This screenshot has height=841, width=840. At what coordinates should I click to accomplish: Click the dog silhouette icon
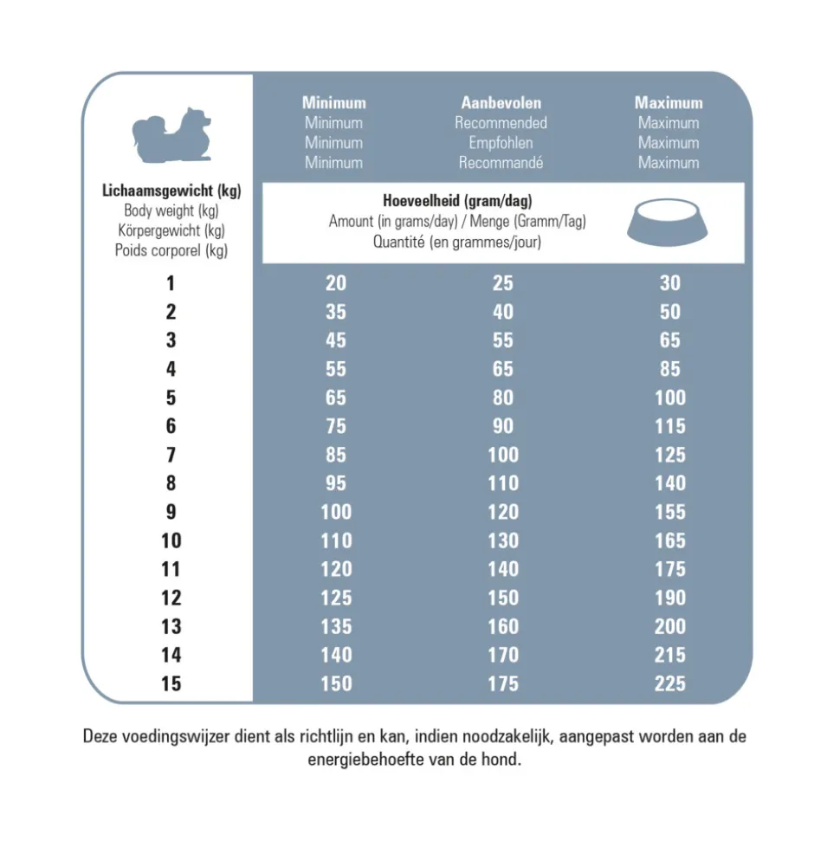pyautogui.click(x=171, y=136)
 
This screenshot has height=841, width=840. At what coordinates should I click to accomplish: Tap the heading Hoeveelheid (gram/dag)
pyautogui.click(x=457, y=202)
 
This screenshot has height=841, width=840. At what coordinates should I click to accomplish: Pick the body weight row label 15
pyautogui.click(x=171, y=684)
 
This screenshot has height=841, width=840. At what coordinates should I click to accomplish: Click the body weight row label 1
pyautogui.click(x=171, y=283)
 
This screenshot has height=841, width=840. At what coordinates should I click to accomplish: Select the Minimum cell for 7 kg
pyautogui.click(x=336, y=455)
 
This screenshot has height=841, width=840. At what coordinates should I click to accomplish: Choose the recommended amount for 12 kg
pyautogui.click(x=502, y=598)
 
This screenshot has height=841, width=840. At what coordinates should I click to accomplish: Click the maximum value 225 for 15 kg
pyautogui.click(x=669, y=684)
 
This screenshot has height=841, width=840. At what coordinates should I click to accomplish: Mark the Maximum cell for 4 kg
pyautogui.click(x=669, y=369)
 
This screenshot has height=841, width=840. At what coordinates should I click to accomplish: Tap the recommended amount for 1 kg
pyautogui.click(x=502, y=283)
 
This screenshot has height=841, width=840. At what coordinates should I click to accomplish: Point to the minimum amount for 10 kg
pyautogui.click(x=336, y=540)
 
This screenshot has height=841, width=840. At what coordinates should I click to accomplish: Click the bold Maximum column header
pyautogui.click(x=669, y=103)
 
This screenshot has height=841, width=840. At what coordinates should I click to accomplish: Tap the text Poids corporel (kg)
pyautogui.click(x=171, y=251)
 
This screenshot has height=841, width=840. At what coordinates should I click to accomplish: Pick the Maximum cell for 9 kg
pyautogui.click(x=669, y=512)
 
